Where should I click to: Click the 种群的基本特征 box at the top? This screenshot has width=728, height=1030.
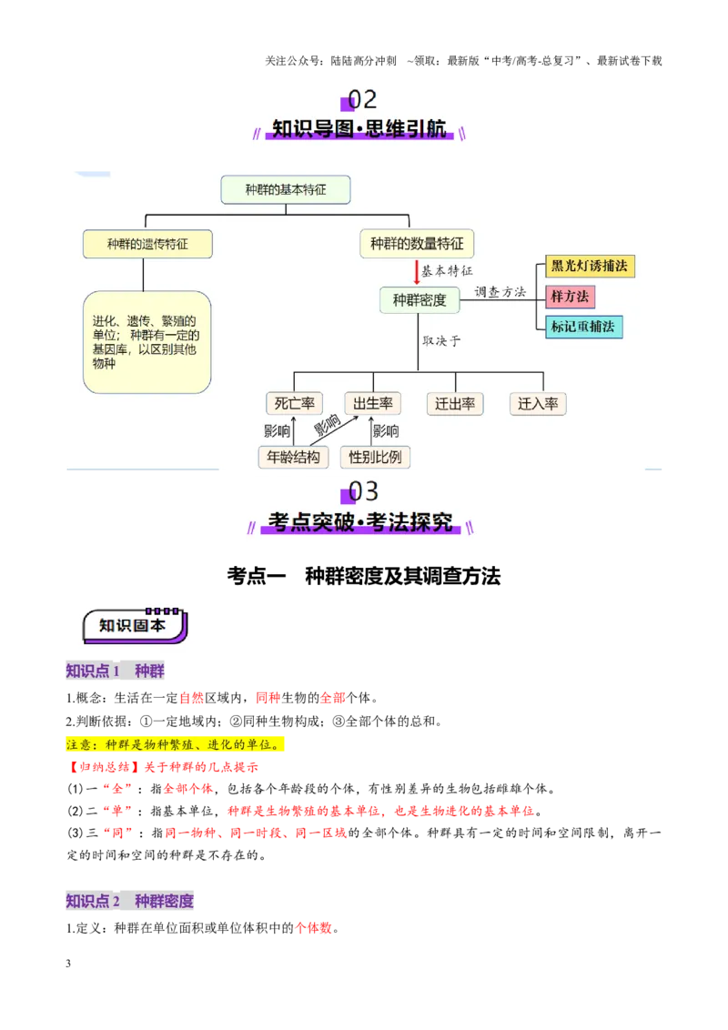pos(285,190)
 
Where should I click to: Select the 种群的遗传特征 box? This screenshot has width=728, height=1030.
pos(147,245)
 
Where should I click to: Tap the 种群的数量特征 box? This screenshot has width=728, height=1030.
pos(417,244)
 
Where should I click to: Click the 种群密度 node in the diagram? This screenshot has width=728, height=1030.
pos(420,300)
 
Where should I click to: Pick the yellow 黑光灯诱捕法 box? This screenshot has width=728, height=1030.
pos(590,266)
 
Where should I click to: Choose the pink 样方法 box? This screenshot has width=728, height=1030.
pos(570,297)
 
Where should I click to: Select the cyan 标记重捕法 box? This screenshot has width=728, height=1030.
pos(583,327)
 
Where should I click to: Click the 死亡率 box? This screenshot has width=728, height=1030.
pos(294,403)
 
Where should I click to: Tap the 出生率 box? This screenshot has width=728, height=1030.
pos(372,403)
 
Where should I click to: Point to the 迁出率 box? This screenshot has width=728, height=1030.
pos(455,404)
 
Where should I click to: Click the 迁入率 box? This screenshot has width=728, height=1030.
pos(538,404)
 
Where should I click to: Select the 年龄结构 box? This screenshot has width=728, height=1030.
pos(293,457)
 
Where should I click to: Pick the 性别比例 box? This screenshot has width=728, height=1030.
pos(375,457)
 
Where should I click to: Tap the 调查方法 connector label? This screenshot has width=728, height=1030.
pos(500,292)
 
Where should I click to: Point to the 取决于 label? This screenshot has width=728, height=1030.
pos(441,340)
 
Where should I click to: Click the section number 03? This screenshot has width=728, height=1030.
pos(363,491)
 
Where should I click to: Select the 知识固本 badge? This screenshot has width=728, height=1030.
pos(135,626)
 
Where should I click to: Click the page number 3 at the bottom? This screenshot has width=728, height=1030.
pos(68,964)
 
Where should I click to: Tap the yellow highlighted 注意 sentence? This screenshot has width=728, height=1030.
pos(175,744)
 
